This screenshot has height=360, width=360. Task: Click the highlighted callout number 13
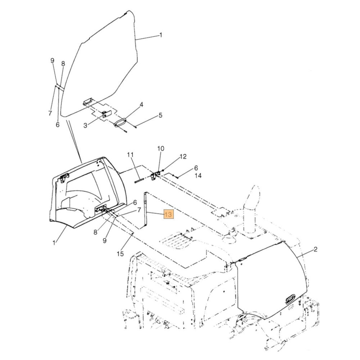pyautogui.click(x=168, y=214)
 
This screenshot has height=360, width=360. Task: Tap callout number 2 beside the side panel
pyautogui.click(x=315, y=249)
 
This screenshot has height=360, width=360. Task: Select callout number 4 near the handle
pyautogui.click(x=141, y=105)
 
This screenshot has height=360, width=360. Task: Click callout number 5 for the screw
pyautogui.click(x=161, y=115)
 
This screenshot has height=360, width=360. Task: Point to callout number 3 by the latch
pyautogui.click(x=85, y=125)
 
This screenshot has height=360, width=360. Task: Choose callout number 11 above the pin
pyautogui.click(x=130, y=155)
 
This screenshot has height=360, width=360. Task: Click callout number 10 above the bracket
pyautogui.click(x=161, y=148)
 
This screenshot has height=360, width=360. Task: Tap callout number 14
pyautogui.click(x=198, y=176)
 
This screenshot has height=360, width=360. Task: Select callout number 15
pyautogui.click(x=120, y=254)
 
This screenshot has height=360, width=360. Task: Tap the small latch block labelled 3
pyautogui.click(x=105, y=114)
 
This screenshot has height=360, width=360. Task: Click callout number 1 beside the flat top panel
pyautogui.click(x=161, y=35)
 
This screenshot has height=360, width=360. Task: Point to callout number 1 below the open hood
pyautogui.click(x=54, y=243)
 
